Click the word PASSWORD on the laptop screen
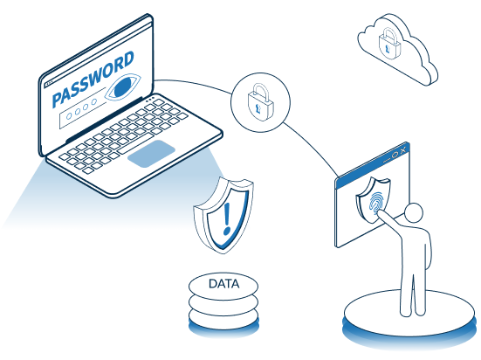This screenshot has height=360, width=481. coord(93,80)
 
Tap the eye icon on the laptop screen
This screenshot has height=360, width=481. coord(122,87)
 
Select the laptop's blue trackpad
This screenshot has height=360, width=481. coord(151,154)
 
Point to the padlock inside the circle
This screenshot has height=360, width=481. coord(260,102)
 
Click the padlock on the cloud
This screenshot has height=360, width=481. coord(389,44)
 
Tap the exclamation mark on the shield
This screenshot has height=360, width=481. coord(227,218)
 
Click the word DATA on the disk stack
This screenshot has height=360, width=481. coord(223,284)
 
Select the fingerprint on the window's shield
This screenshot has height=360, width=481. coord(376,203)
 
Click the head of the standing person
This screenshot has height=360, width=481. coord(413,212)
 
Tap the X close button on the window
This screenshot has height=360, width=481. coord(403,150)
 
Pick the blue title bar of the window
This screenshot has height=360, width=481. coord(373,166)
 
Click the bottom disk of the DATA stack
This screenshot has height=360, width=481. coord(223,320)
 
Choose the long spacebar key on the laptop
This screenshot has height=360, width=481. coord(136,143)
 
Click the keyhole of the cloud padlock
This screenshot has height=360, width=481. coord(388,49)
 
